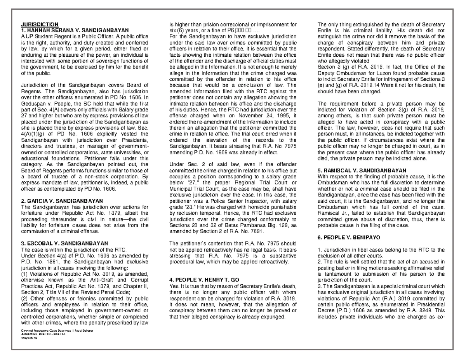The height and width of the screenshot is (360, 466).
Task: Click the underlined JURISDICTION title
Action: pos(39,24)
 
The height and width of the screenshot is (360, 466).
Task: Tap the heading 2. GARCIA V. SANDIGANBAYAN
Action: pos(62,201)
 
